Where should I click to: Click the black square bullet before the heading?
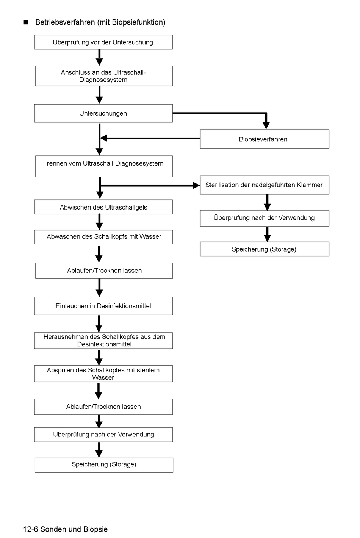point(26,22)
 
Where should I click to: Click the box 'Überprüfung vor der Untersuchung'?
point(103,42)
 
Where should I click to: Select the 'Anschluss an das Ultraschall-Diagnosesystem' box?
point(104,76)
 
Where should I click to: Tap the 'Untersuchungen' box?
point(103,113)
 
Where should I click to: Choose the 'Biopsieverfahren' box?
point(265,139)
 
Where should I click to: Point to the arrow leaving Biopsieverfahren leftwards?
point(150,138)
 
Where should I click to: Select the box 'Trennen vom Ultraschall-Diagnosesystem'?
point(104,166)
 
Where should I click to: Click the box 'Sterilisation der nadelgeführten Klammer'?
point(265,185)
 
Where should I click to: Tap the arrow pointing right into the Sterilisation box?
point(150,185)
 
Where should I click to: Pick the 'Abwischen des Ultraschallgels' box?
point(103,207)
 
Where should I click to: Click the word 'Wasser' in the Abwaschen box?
point(150,236)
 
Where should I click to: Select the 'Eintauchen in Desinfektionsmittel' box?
point(103,306)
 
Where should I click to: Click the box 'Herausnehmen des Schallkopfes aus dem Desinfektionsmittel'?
point(103,341)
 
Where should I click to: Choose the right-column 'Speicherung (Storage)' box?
point(265,249)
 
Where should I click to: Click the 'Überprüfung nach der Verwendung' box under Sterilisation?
point(265,218)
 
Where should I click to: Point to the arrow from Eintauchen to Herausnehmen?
point(99,324)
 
